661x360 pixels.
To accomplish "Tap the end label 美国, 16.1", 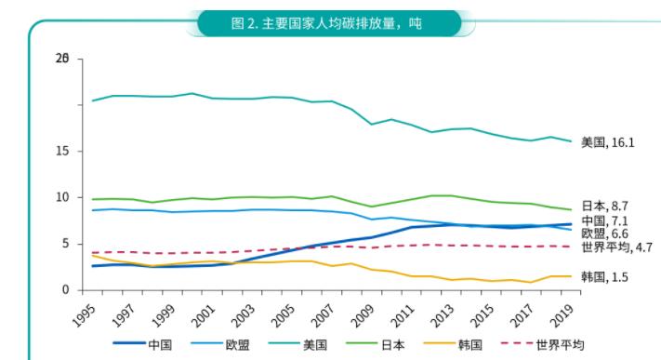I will coord(607,142).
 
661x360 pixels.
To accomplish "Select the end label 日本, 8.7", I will coord(604,206).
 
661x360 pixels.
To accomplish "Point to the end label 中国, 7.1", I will coord(604,220).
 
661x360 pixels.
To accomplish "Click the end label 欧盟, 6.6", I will coord(604,233).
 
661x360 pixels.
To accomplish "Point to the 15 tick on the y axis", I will coord(64,151).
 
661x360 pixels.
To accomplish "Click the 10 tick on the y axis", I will coord(64,197).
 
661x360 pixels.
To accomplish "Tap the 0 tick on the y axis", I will coord(67,290).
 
